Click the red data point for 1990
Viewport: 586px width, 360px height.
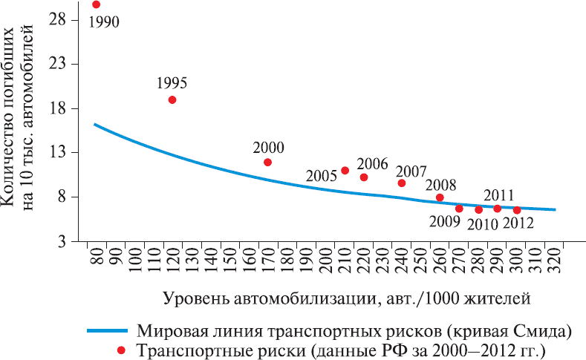[x=96, y=4]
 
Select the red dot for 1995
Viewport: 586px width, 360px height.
[x=172, y=99]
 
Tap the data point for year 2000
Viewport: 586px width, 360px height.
[x=267, y=162]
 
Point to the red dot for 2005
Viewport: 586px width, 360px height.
[x=345, y=171]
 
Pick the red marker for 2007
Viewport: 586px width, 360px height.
[x=402, y=183]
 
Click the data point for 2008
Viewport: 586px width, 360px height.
[x=440, y=197]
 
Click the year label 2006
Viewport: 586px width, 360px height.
[x=373, y=163]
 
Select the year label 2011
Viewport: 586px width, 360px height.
[x=498, y=196]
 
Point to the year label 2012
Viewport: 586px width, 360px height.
[x=518, y=223]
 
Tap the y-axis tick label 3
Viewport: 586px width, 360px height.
[x=74, y=241]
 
